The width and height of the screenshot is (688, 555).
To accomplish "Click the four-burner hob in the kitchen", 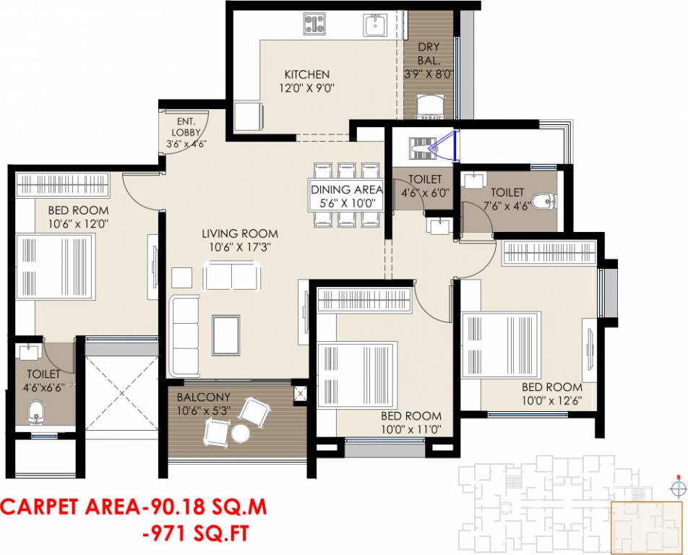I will point(314,25).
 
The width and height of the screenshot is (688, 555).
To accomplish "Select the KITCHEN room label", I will point(306,74).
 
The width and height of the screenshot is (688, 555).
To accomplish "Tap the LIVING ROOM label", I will point(239,233).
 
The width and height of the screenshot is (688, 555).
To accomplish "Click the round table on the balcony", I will point(239,433).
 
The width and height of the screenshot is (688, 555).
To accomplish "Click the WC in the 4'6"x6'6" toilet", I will point(35,414).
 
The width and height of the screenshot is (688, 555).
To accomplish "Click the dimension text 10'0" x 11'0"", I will point(411,429).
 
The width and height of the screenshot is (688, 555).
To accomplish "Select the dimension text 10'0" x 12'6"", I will point(552,400).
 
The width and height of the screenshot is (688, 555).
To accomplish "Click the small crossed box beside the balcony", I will point(300,394).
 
